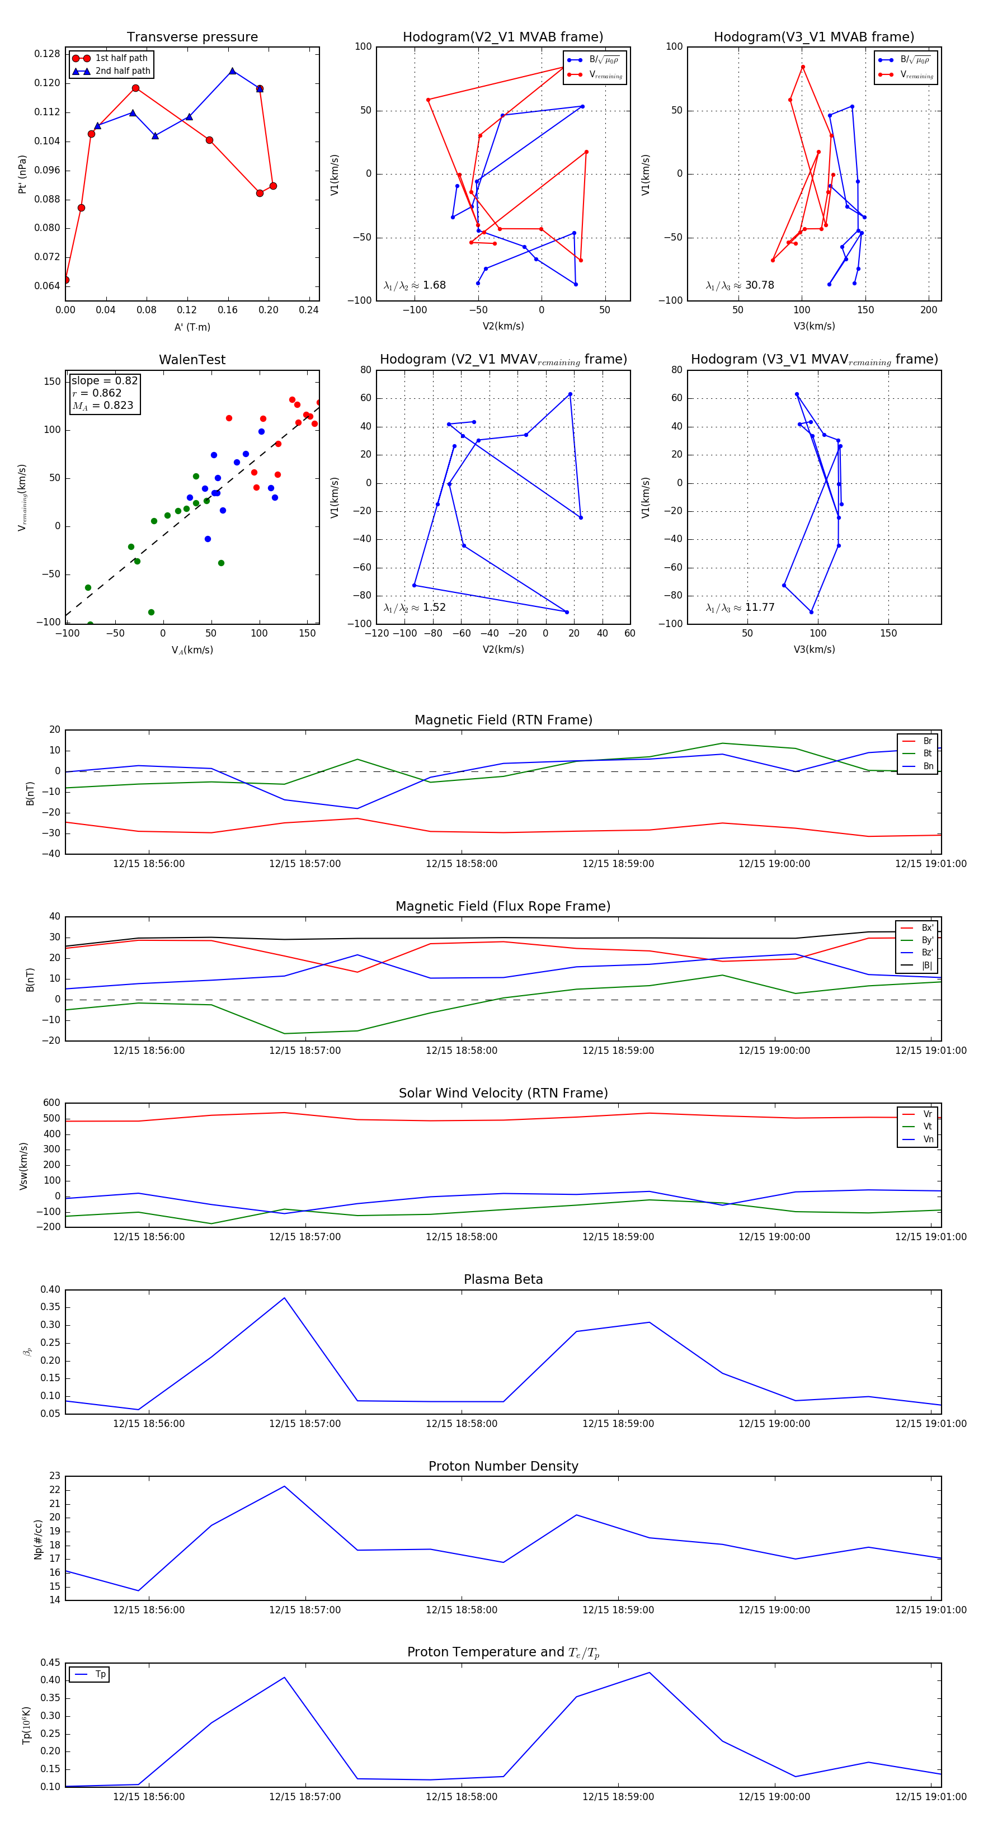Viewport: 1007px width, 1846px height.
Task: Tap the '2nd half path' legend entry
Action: pyautogui.click(x=123, y=71)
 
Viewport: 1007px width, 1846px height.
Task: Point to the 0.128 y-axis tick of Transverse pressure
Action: pyautogui.click(x=48, y=54)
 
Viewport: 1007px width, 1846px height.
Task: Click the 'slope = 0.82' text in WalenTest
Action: pyautogui.click(x=105, y=380)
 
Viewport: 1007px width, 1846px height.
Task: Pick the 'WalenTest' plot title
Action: pyautogui.click(x=192, y=360)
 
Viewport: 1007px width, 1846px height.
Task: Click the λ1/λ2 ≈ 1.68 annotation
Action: pyautogui.click(x=415, y=285)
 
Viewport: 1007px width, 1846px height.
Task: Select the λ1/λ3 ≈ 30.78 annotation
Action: pyautogui.click(x=740, y=285)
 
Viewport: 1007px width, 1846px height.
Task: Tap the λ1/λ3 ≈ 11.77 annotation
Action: pyautogui.click(x=740, y=608)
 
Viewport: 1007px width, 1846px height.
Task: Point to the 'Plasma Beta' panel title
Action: pyautogui.click(x=503, y=1280)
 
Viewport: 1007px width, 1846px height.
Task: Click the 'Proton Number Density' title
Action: pyautogui.click(x=503, y=1466)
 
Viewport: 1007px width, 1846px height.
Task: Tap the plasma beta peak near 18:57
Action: pyautogui.click(x=285, y=1298)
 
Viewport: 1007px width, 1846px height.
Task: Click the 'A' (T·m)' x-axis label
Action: pyautogui.click(x=192, y=327)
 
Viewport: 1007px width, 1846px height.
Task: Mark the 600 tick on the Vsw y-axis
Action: pyautogui.click(x=51, y=1103)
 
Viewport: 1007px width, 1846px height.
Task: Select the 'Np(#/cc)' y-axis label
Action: pyautogui.click(x=38, y=1539)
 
